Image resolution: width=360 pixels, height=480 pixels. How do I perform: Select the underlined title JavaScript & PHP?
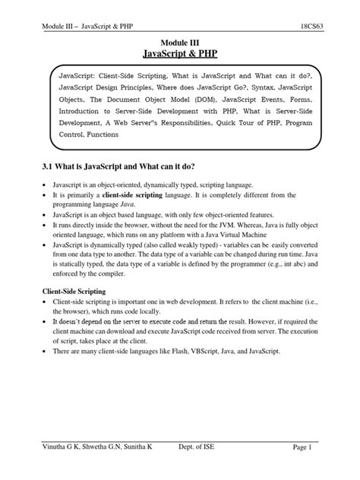[x=179, y=53]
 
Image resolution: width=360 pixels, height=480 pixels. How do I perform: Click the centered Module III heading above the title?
[x=179, y=39]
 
